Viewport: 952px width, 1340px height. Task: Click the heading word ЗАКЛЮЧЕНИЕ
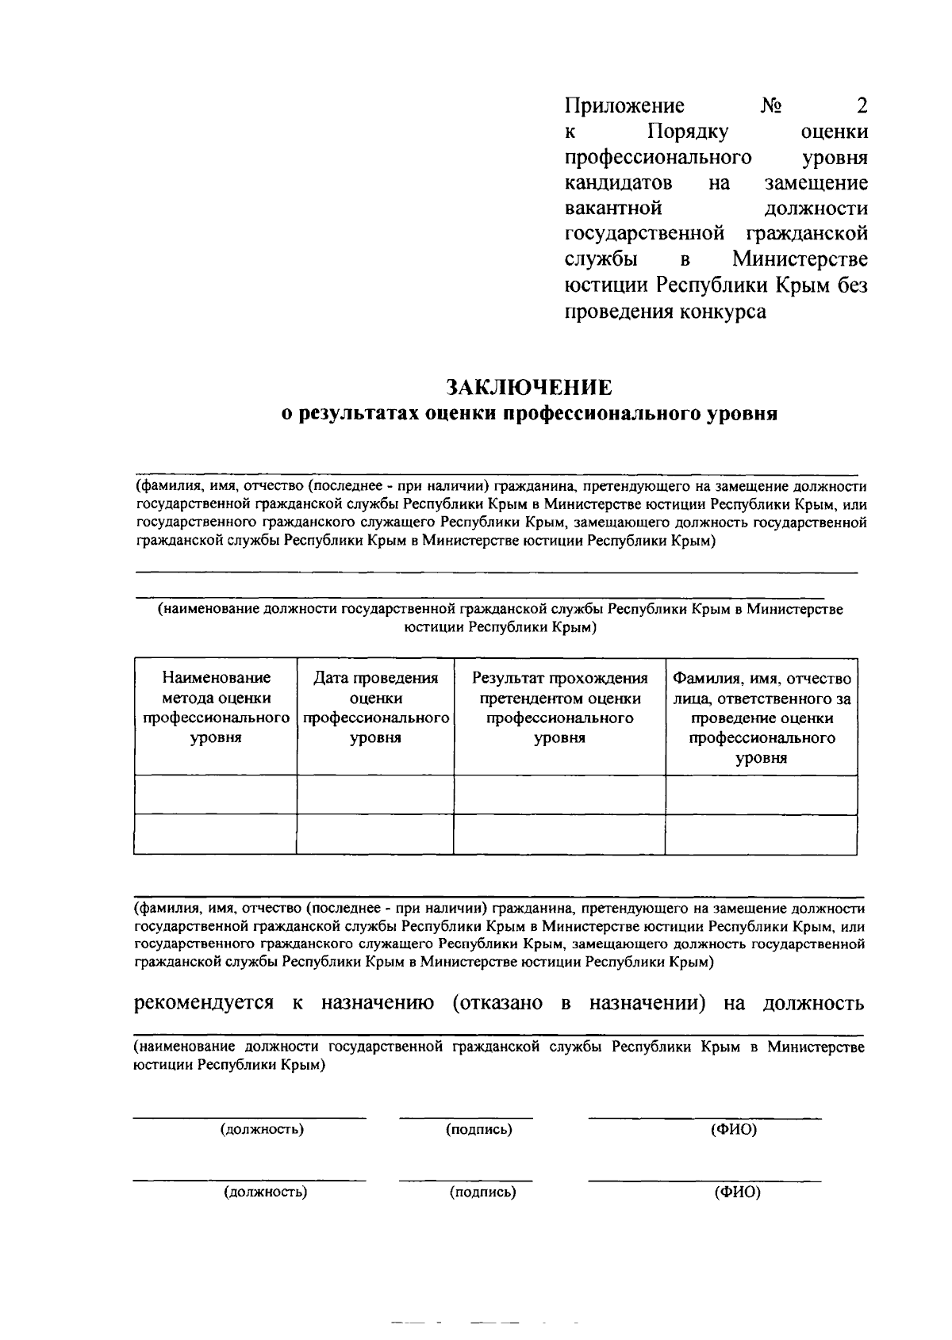click(529, 387)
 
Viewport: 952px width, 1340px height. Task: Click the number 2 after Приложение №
click(862, 105)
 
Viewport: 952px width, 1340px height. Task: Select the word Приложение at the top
click(624, 105)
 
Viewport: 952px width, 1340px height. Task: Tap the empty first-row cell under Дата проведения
click(375, 794)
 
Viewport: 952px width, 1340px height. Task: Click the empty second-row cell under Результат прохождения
click(559, 834)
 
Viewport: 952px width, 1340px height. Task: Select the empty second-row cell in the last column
click(761, 834)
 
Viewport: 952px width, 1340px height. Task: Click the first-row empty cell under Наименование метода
click(216, 794)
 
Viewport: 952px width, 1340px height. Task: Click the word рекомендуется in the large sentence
click(204, 1003)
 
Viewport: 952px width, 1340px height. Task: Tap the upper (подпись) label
click(478, 1129)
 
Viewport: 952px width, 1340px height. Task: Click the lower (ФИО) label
click(737, 1192)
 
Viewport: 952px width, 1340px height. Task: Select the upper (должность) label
click(263, 1129)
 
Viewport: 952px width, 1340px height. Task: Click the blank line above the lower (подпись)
click(466, 1180)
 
